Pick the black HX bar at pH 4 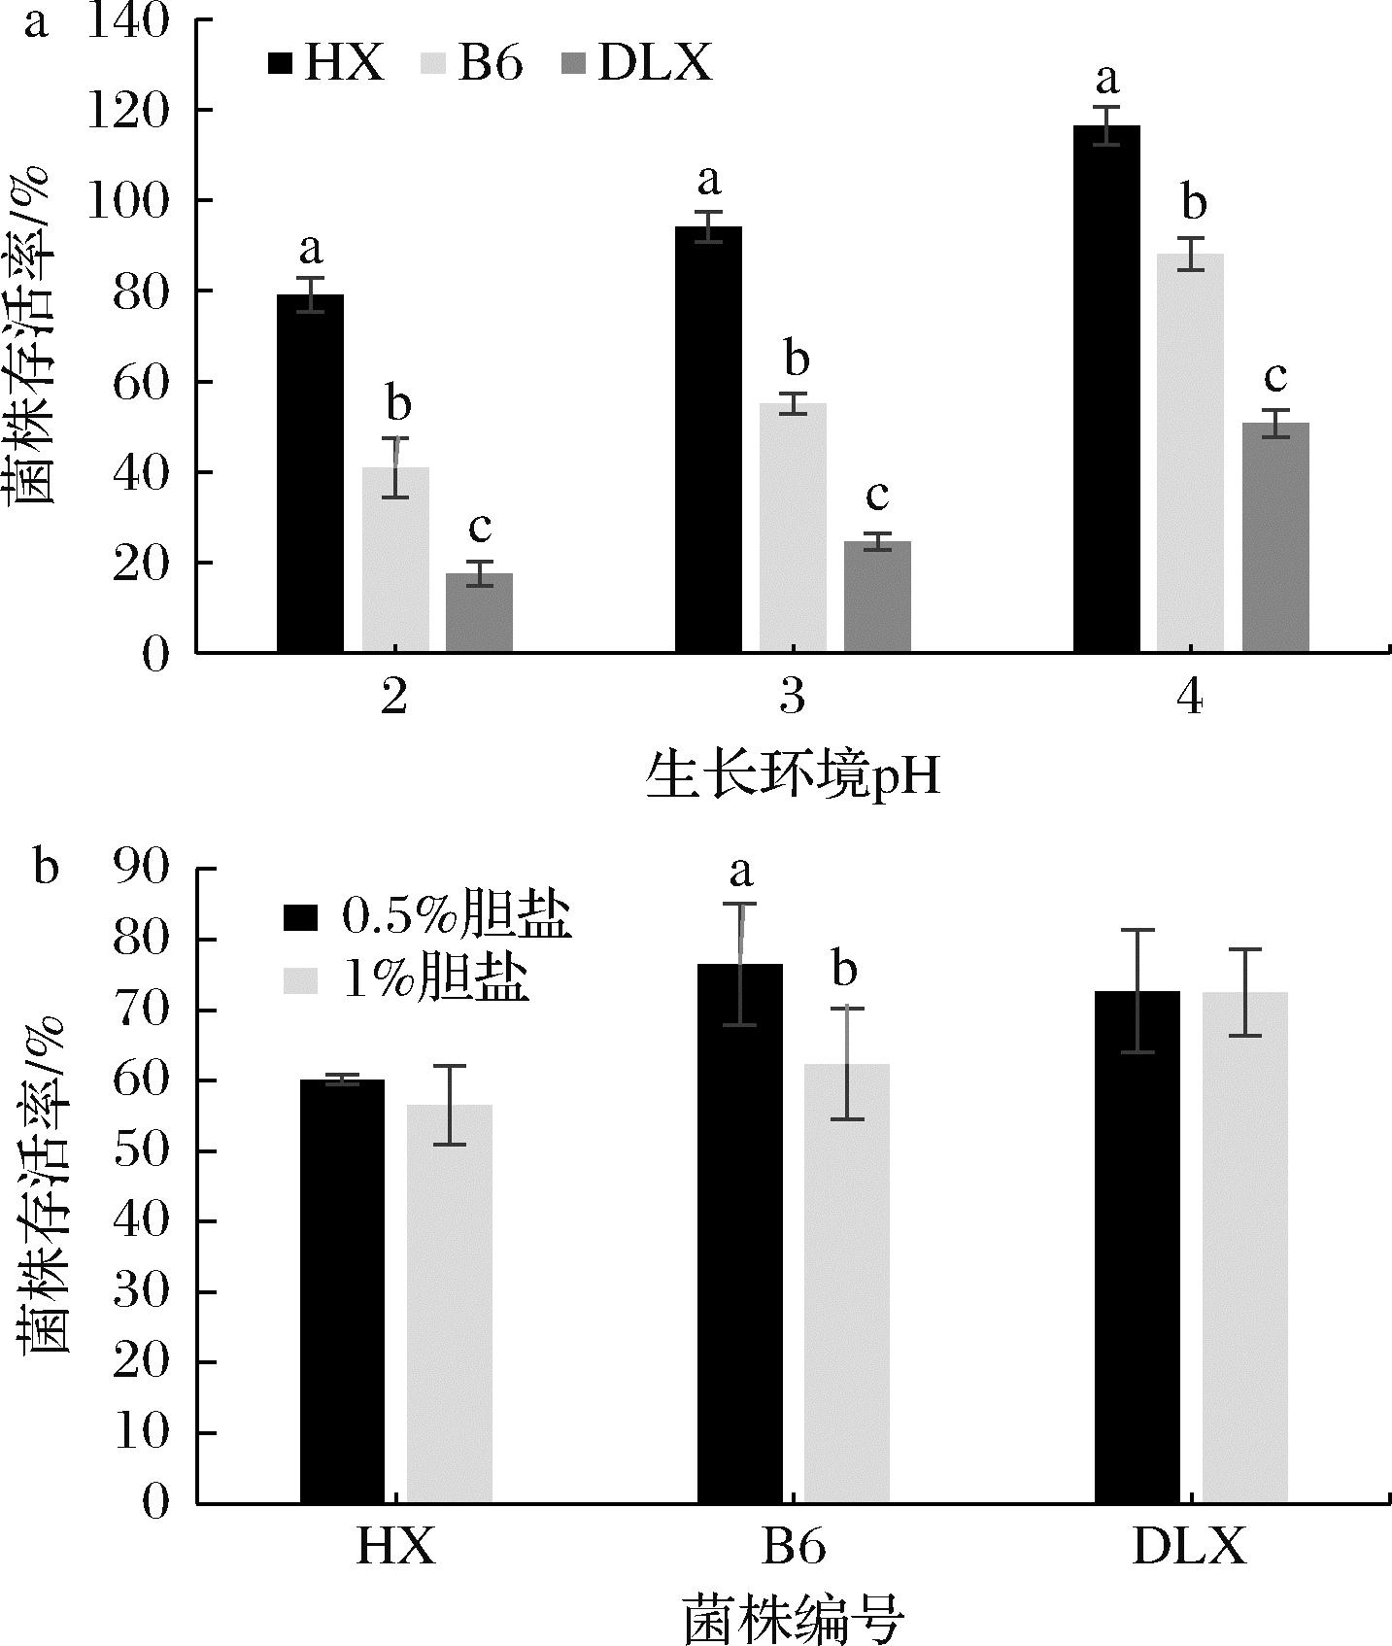tap(1106, 389)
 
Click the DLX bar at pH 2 tap(479, 612)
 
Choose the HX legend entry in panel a tap(326, 64)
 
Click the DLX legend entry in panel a tap(637, 64)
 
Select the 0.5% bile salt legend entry tap(426, 916)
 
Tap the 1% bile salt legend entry tap(407, 979)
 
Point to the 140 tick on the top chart tap(129, 21)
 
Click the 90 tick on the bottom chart tap(142, 868)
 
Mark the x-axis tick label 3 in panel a tap(793, 698)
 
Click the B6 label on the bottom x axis tap(794, 1546)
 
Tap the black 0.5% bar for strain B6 tap(740, 1233)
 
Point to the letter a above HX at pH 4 tap(1106, 77)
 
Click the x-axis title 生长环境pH tap(793, 778)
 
